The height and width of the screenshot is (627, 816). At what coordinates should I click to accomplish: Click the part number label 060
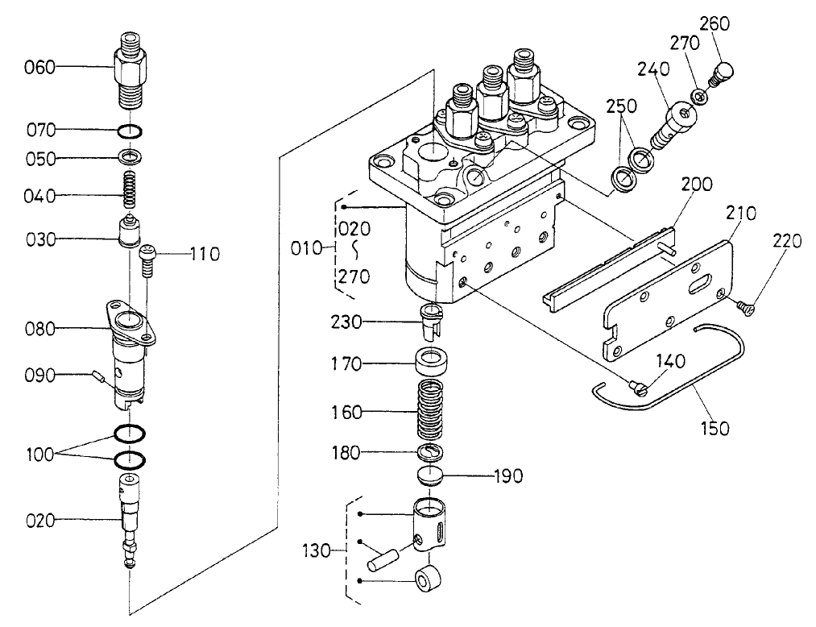[x=39, y=68]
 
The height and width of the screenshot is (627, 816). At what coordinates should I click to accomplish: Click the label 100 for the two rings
[x=39, y=455]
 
